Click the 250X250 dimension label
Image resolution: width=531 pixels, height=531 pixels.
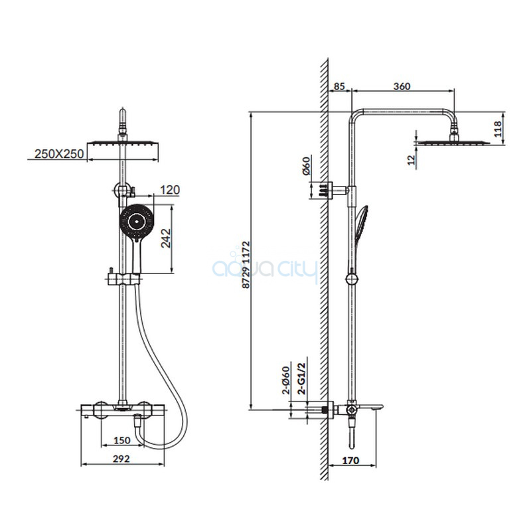[x=59, y=154]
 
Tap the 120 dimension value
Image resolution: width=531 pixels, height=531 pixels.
[x=170, y=190]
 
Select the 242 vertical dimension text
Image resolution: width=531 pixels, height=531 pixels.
[x=166, y=238]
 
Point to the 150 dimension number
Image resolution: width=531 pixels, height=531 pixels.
[x=121, y=440]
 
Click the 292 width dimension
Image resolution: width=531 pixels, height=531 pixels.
[x=121, y=459]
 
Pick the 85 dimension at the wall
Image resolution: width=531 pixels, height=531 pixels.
[x=339, y=86]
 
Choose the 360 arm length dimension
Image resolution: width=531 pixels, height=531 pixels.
[x=402, y=86]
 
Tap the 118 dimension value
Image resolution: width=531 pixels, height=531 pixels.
[x=498, y=129]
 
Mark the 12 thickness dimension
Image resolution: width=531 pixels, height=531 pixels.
[x=411, y=160]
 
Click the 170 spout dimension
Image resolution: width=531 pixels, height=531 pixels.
[x=350, y=461]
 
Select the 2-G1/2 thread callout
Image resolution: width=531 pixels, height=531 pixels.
[x=301, y=378]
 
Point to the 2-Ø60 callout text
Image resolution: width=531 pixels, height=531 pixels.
[x=286, y=380]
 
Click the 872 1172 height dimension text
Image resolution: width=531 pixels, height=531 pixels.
[x=246, y=264]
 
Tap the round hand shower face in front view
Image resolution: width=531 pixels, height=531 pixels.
[x=137, y=222]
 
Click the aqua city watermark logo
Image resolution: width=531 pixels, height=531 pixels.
[x=265, y=267]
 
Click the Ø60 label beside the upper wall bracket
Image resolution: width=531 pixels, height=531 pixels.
[x=306, y=166]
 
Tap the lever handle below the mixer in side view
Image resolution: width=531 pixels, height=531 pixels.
[x=352, y=434]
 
